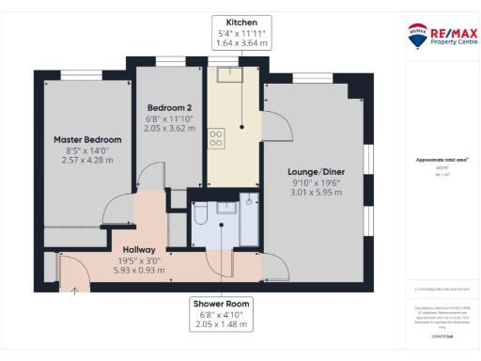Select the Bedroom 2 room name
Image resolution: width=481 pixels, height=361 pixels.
[x=169, y=107]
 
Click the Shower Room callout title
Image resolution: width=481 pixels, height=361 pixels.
[x=222, y=304]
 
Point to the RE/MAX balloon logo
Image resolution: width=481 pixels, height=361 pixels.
[x=417, y=37]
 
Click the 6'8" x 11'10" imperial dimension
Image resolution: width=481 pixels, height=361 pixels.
[x=169, y=118]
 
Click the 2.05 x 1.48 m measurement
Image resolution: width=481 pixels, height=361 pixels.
[x=222, y=324]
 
